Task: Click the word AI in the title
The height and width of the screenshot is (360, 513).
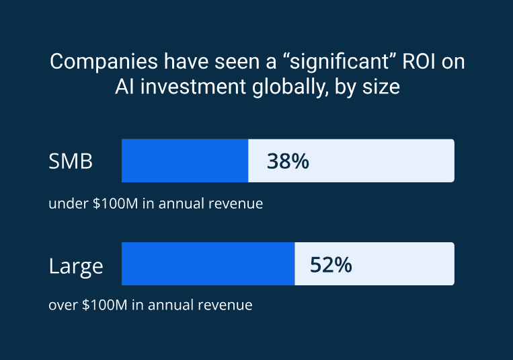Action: [x=125, y=87]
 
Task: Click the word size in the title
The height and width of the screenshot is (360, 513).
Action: [x=381, y=87]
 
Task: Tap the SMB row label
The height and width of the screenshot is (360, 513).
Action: [x=71, y=161]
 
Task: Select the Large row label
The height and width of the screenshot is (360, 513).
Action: [x=76, y=265]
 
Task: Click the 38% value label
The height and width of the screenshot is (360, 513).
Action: [x=288, y=161]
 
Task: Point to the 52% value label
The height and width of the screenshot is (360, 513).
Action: [x=331, y=265]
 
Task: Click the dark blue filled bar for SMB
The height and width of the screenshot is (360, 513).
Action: [x=185, y=161]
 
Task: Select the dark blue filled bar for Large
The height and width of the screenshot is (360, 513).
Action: [x=208, y=264]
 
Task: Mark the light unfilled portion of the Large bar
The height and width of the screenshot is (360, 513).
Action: [x=403, y=264]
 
